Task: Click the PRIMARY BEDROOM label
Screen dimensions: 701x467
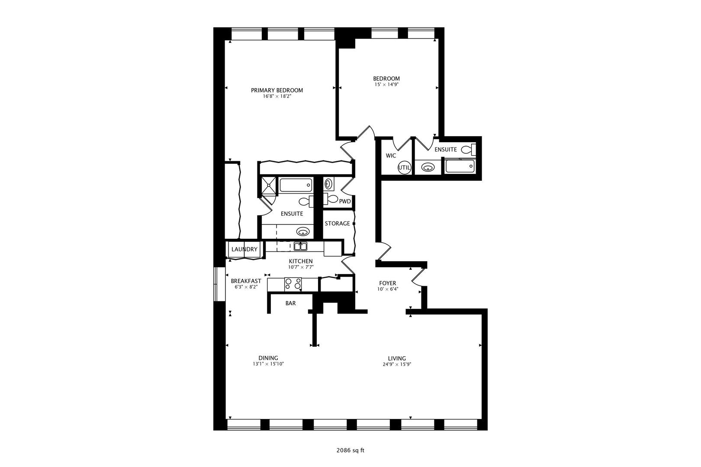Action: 277,90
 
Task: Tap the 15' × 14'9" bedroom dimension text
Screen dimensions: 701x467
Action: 386,84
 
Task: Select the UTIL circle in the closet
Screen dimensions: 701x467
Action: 404,168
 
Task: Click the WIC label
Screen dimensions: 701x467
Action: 391,156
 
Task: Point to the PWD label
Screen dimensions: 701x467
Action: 345,202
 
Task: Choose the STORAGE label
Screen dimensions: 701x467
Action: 337,223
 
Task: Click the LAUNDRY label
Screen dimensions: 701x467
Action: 244,249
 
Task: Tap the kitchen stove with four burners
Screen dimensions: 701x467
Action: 293,285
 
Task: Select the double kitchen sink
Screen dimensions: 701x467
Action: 300,246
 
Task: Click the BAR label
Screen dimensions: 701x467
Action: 290,303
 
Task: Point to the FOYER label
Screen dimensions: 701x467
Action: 387,283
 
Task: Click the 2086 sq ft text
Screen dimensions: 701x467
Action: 350,451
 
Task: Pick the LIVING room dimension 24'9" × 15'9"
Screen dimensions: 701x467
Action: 397,365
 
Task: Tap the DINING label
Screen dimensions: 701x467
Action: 268,358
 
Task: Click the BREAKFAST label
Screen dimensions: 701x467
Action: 246,281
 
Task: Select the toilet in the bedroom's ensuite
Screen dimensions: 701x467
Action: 469,150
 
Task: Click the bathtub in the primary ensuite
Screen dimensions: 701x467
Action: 296,185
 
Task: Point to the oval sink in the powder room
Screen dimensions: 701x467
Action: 328,184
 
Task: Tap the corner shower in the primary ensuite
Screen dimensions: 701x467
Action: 269,186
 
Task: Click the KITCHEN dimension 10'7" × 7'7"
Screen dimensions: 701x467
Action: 301,267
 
